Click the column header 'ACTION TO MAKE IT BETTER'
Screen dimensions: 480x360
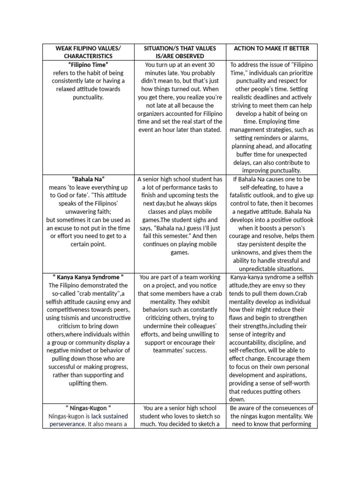point(271,48)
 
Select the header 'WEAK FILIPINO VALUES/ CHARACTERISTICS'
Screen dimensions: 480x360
point(88,52)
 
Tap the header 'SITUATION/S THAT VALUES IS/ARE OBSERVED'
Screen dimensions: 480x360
point(180,52)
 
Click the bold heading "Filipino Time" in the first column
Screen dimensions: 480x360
point(88,65)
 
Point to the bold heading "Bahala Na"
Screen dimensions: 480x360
point(88,179)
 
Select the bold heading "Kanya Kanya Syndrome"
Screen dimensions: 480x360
point(88,277)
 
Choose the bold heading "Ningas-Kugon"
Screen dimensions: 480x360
point(88,408)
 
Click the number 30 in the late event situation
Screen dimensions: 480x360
point(211,65)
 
